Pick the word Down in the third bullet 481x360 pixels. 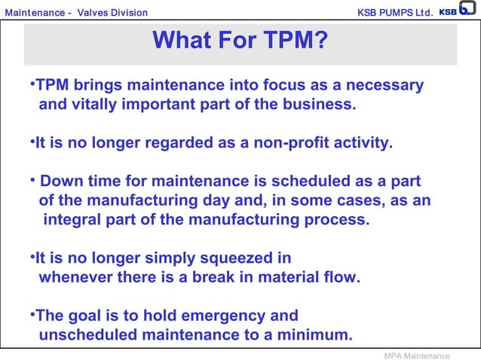coord(58,182)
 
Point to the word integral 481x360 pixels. coord(75,220)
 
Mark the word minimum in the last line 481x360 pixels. coord(320,334)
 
